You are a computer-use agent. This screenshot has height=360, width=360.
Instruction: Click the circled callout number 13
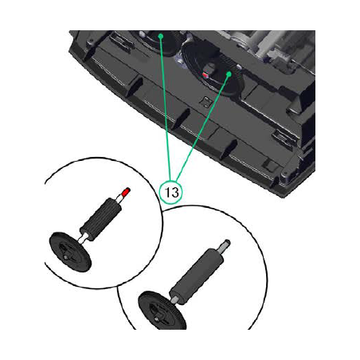click(171, 192)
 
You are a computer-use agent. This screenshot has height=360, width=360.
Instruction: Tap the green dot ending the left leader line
click(160, 36)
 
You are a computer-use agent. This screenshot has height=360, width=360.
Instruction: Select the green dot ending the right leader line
click(229, 74)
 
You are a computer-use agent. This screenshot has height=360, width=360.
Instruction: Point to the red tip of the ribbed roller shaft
click(126, 191)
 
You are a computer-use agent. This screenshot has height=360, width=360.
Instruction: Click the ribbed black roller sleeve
click(101, 219)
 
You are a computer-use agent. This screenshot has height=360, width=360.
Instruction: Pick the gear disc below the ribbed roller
click(70, 252)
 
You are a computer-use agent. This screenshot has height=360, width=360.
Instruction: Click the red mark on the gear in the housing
click(205, 75)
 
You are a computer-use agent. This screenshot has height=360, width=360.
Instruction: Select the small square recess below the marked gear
click(205, 101)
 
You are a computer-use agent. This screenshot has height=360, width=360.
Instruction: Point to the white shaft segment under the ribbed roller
click(83, 237)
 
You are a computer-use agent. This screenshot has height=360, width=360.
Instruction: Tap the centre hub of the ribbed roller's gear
click(65, 256)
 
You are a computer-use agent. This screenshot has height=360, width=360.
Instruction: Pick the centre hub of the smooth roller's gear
click(157, 316)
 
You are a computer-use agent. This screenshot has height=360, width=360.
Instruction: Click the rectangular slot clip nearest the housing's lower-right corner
click(282, 137)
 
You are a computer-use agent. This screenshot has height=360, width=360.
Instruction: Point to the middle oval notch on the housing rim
click(181, 117)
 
